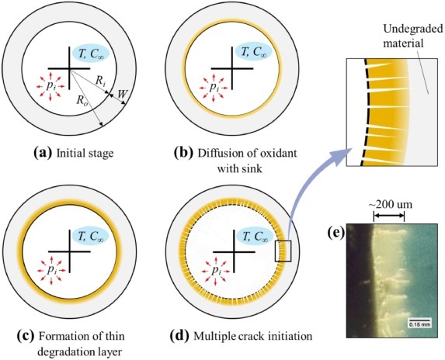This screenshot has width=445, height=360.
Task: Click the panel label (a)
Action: coord(43,153)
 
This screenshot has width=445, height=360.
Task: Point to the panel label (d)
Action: coord(179,336)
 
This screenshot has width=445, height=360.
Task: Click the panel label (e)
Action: coord(336,233)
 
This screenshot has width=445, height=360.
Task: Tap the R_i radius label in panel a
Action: coord(101,81)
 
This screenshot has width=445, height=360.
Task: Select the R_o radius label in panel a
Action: coord(82,101)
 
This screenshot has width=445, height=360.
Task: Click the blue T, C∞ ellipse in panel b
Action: coord(253,52)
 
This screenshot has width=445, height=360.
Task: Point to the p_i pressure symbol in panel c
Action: coord(51,269)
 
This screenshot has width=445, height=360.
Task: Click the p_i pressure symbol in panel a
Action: coord(51,86)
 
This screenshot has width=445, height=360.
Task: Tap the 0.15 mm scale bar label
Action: coord(419,324)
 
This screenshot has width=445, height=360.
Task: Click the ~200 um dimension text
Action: coord(390,204)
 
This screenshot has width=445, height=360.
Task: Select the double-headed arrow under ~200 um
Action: coord(388,216)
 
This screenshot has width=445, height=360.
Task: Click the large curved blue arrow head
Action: coord(342,157)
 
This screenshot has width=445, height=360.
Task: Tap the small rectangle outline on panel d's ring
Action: coord(283,251)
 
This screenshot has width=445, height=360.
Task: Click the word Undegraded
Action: coord(413,29)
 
